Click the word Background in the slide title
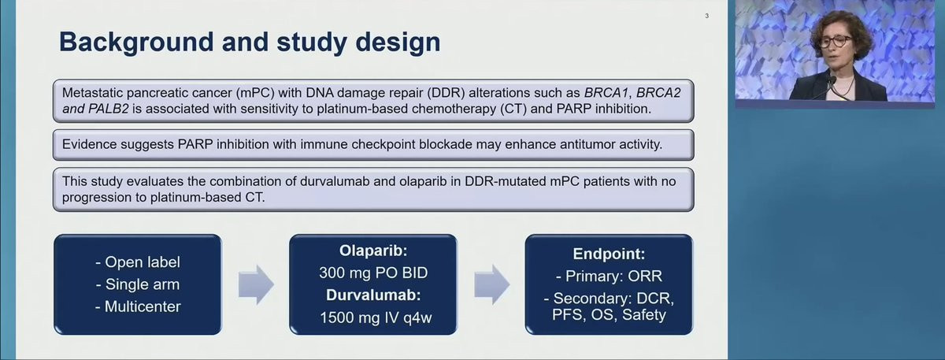click(136, 43)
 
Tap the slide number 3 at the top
click(706, 16)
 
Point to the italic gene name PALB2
click(108, 109)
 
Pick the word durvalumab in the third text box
click(335, 181)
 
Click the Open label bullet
click(138, 262)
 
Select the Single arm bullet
click(138, 284)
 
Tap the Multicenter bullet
click(138, 306)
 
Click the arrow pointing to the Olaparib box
click(256, 284)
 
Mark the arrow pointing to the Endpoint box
click(491, 284)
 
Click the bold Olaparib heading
click(373, 251)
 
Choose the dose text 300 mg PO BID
click(373, 273)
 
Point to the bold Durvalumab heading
click(373, 295)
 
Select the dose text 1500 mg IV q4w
click(376, 317)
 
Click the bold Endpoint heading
click(609, 254)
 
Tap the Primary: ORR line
click(609, 276)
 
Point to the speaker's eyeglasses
click(834, 42)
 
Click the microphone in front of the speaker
click(831, 84)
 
